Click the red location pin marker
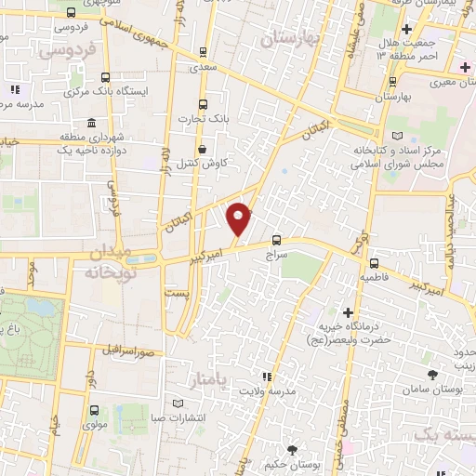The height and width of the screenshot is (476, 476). click(x=240, y=218)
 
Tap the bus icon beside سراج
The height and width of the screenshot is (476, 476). click(x=276, y=238)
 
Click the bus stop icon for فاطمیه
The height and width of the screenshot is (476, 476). click(x=373, y=263)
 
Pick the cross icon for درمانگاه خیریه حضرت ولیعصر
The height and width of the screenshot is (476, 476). click(x=349, y=311)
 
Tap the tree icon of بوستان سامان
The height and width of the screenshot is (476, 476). click(x=433, y=374)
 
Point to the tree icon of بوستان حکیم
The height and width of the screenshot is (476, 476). click(x=294, y=450)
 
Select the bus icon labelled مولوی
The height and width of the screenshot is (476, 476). click(x=93, y=410)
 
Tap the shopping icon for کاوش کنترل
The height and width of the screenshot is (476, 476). click(x=203, y=149)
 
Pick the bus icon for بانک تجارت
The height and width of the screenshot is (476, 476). click(x=203, y=104)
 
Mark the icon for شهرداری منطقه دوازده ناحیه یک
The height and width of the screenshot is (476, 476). click(x=90, y=124)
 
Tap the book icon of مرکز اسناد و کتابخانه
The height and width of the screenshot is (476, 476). click(x=400, y=135)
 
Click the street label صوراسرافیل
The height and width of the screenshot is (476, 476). click(x=126, y=350)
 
